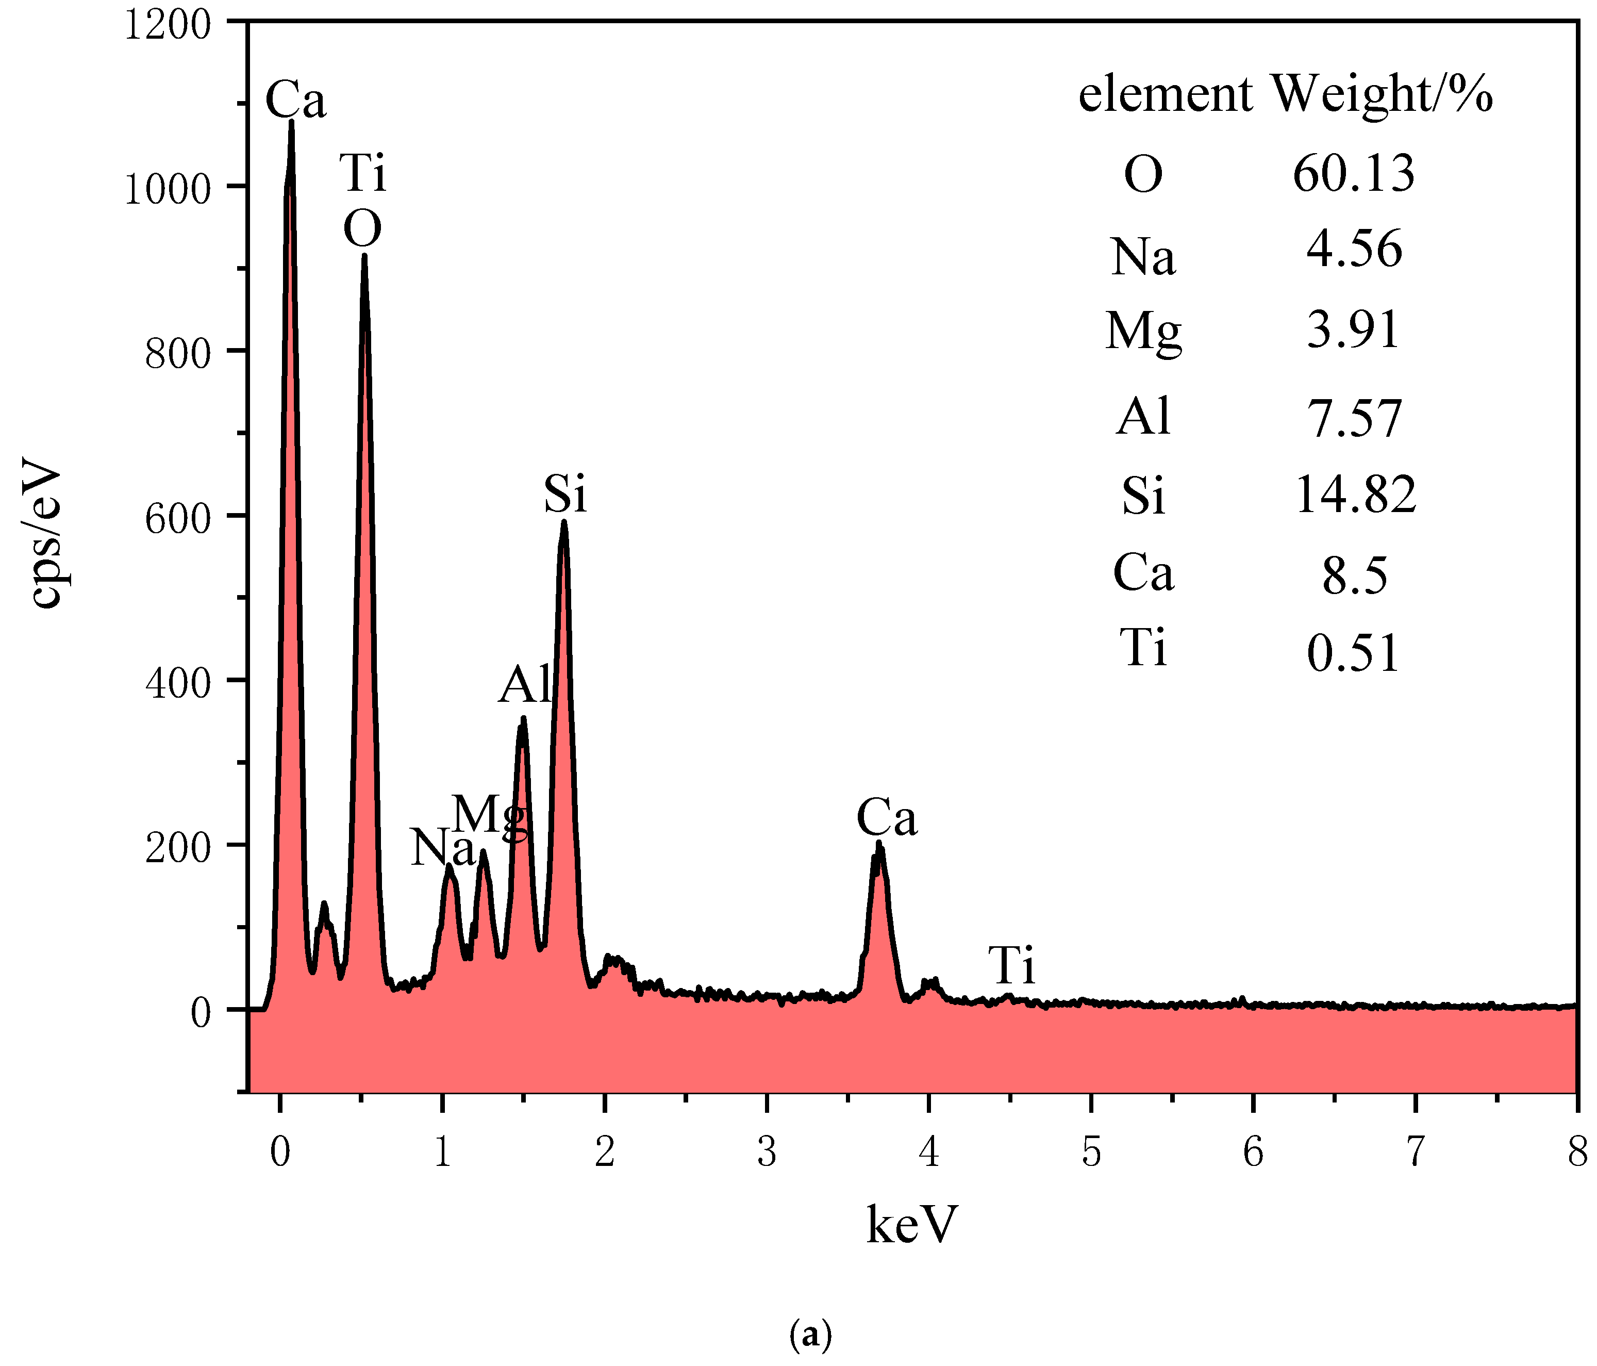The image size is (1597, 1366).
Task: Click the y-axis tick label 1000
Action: click(167, 189)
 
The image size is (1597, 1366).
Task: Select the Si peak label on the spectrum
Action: click(565, 494)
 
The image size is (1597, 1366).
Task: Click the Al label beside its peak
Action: click(525, 684)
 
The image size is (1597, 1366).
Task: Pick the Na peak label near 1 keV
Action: click(442, 849)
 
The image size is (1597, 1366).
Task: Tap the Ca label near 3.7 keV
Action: click(886, 818)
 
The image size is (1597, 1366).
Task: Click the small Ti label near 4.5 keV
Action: click(1012, 965)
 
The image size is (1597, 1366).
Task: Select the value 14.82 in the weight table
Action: click(1355, 494)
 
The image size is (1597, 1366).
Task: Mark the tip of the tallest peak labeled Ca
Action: click(291, 122)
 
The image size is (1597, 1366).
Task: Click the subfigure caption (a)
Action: click(811, 1335)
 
